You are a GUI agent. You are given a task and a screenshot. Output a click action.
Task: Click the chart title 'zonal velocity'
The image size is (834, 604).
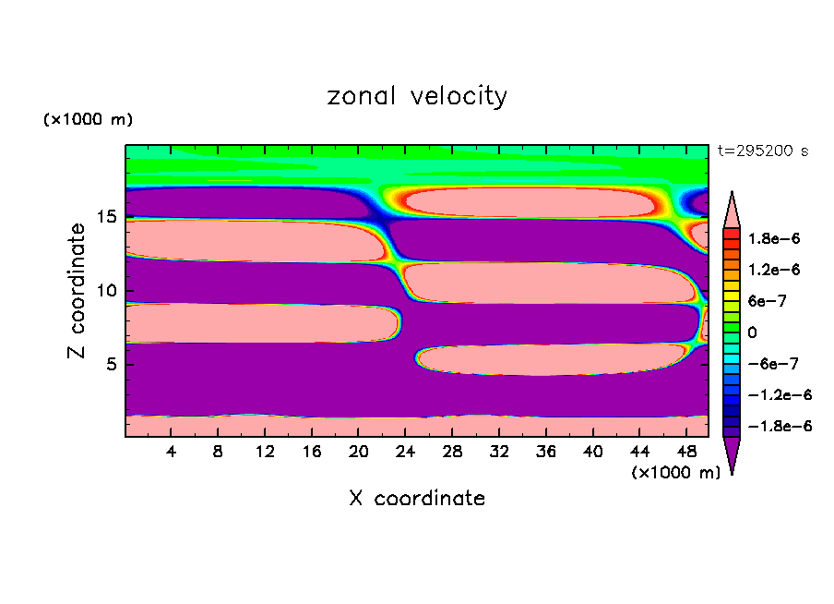[417, 96]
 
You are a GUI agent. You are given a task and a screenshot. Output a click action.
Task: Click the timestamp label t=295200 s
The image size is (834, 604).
[762, 151]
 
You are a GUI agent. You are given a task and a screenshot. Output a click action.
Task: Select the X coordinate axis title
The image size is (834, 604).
[417, 499]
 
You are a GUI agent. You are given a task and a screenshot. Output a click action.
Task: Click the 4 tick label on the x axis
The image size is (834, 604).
[172, 452]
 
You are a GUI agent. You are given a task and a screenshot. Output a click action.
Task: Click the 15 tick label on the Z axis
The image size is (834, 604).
[105, 217]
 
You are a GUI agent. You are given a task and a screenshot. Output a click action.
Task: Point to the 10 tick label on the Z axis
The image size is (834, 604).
[105, 290]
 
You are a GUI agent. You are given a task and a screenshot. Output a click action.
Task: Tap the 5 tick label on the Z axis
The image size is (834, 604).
[110, 364]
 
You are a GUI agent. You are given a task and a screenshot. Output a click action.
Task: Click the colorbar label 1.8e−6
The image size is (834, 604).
[773, 238]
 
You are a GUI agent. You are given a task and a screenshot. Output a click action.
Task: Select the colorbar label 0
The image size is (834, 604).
[753, 332]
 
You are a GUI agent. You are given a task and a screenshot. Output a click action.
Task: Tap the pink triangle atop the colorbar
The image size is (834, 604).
[732, 208]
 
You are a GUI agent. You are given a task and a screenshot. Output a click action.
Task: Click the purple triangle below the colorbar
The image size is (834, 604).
[732, 454]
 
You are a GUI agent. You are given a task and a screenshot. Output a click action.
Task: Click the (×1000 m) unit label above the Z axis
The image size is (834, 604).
[88, 120]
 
